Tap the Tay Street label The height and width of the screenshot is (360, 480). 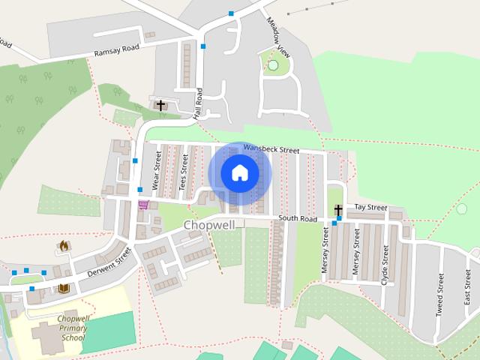370,207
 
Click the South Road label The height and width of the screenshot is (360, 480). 298,219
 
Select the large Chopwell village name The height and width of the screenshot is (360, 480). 209,225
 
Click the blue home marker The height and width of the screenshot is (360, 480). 239,173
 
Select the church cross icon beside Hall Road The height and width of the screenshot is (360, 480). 160,105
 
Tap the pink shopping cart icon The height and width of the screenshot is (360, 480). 142,204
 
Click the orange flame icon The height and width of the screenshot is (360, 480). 64,245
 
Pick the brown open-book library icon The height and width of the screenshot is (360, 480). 63,288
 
